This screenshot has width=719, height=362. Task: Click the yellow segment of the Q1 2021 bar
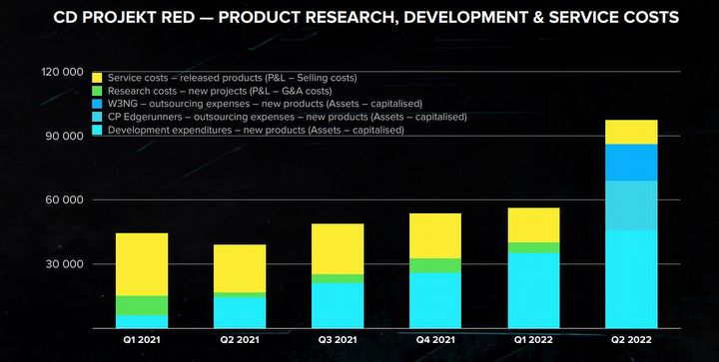142,264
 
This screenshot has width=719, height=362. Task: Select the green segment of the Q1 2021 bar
142,305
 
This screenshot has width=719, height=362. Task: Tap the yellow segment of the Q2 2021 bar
240,268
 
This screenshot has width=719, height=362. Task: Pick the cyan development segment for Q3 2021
337,305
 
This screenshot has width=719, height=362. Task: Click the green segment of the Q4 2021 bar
434,265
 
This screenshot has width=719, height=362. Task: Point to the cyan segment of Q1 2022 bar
532,290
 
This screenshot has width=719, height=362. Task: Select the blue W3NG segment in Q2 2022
630,163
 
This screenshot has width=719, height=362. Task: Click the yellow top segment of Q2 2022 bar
630,132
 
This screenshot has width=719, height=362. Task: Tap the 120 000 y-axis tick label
62,72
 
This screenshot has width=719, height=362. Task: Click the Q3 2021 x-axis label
337,339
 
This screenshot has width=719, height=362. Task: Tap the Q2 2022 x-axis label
630,339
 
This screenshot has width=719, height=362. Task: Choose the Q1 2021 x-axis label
142,339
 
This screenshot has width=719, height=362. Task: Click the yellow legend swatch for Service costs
97,78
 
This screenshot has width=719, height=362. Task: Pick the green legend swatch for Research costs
97,91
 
